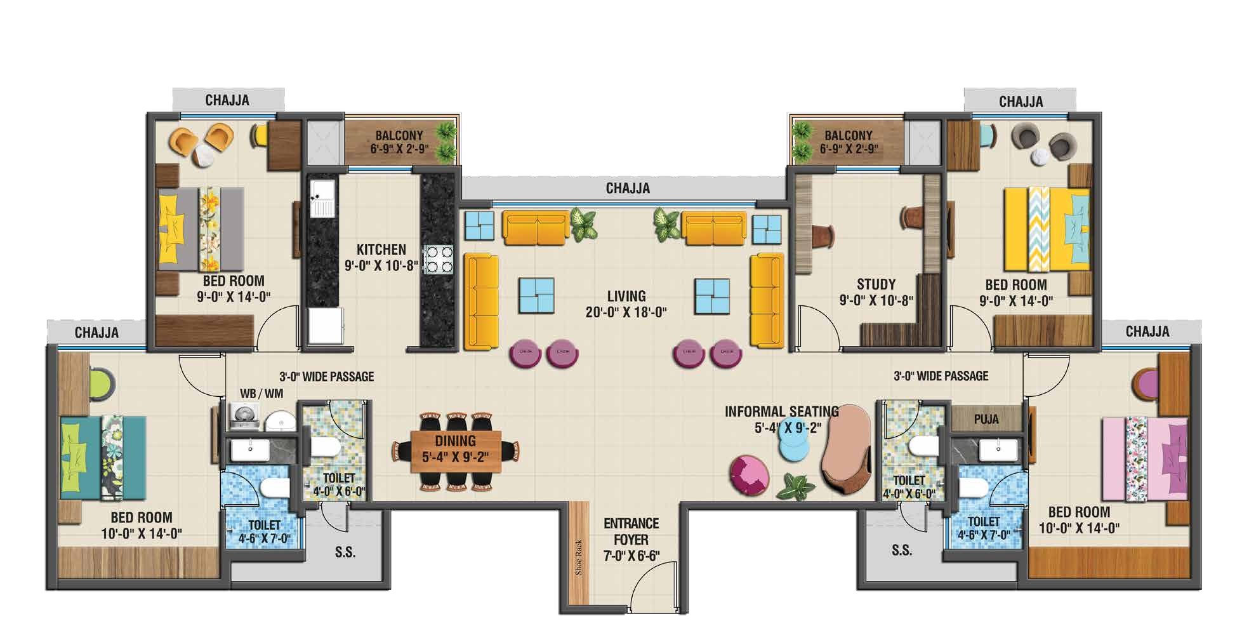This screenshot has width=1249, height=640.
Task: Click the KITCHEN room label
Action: [x=381, y=250]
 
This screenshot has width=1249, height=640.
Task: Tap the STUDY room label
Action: [x=876, y=284]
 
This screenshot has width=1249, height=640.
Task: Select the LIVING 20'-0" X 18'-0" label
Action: [x=626, y=304]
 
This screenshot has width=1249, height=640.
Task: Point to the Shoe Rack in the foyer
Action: [x=579, y=557]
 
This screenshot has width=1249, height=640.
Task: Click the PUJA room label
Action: [x=986, y=419]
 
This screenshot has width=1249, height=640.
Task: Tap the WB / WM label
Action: [x=261, y=394]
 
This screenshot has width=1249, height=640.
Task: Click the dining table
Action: [x=456, y=451]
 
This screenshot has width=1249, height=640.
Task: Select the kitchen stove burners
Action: [x=438, y=259]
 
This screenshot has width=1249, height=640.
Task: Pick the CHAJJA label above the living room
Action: [x=628, y=189]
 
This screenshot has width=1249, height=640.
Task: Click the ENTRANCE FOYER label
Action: [x=631, y=531]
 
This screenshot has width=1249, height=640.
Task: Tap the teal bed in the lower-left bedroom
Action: [x=103, y=457]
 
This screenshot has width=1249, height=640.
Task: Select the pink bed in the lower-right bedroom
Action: [x=1145, y=458]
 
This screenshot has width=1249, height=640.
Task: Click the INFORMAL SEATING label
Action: [x=782, y=411]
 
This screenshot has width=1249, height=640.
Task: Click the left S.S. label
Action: [x=345, y=552]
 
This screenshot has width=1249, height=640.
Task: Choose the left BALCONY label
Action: [x=399, y=135]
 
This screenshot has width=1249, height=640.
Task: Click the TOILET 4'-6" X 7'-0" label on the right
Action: [x=984, y=528]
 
